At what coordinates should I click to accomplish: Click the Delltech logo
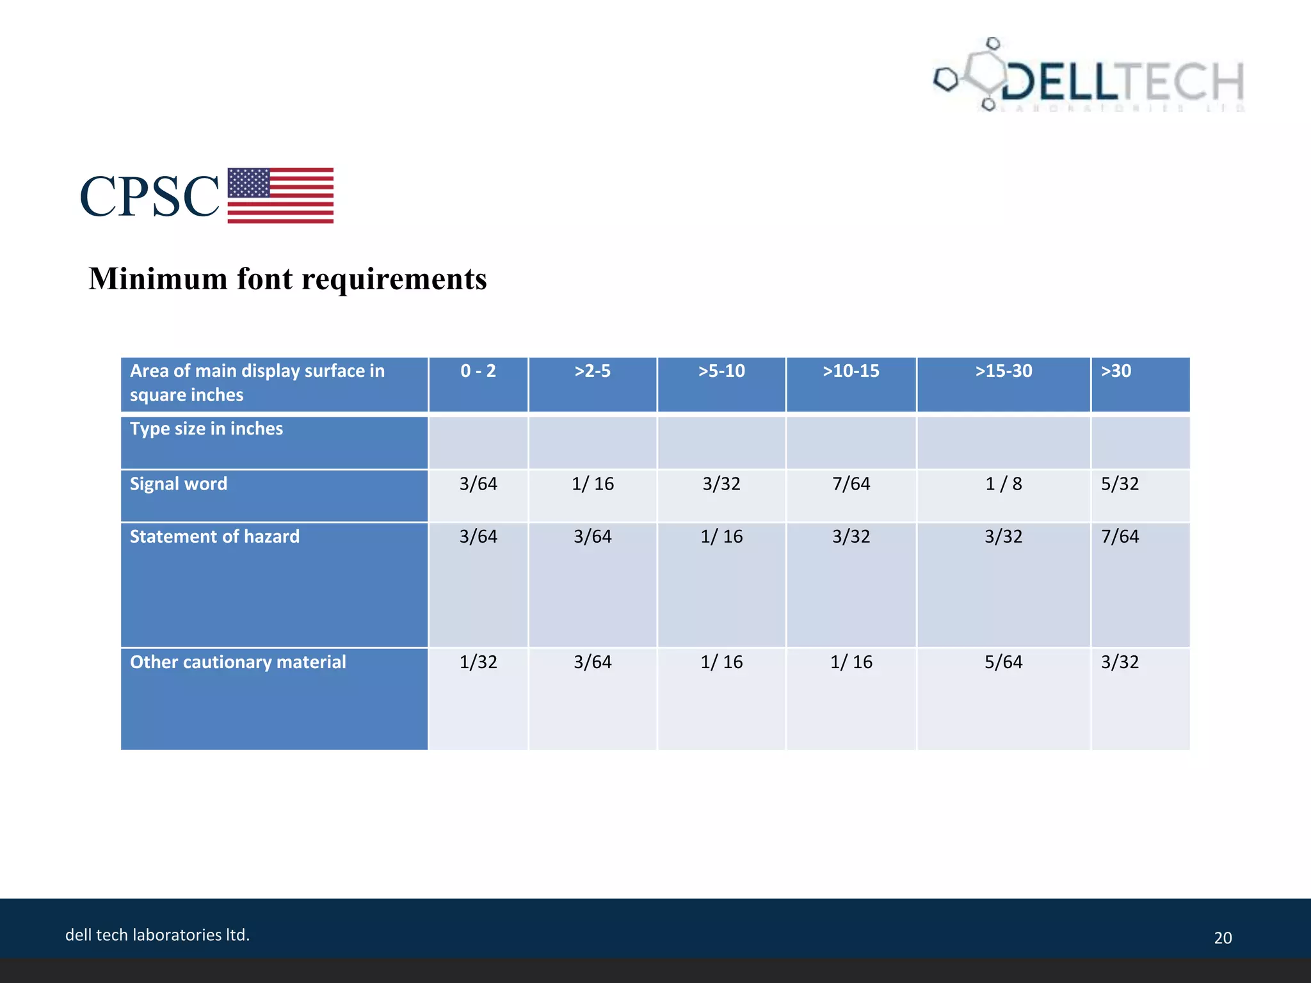pos(1088,77)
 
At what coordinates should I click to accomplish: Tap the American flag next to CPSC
pos(280,195)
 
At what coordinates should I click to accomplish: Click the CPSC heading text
pos(149,196)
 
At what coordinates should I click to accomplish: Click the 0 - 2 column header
pos(478,371)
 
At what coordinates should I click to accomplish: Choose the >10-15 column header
pos(851,371)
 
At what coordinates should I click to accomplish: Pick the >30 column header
pos(1116,371)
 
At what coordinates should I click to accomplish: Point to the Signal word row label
pos(179,484)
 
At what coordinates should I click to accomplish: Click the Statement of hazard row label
pos(214,536)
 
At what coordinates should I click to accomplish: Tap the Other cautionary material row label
pos(237,662)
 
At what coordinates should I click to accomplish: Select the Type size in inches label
pos(206,429)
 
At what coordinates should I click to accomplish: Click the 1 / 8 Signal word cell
pos(1003,484)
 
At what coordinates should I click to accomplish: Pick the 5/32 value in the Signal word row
pos(1120,484)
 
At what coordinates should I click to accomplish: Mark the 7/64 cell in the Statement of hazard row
pos(1120,536)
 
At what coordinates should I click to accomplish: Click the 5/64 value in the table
pos(1003,662)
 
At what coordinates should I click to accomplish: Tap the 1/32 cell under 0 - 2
pos(478,662)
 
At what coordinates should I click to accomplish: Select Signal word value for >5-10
pos(721,484)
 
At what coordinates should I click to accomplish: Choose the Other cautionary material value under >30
pos(1120,662)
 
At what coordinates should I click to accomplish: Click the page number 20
pos(1223,938)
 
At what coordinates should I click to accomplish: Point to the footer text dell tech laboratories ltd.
pos(157,935)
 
